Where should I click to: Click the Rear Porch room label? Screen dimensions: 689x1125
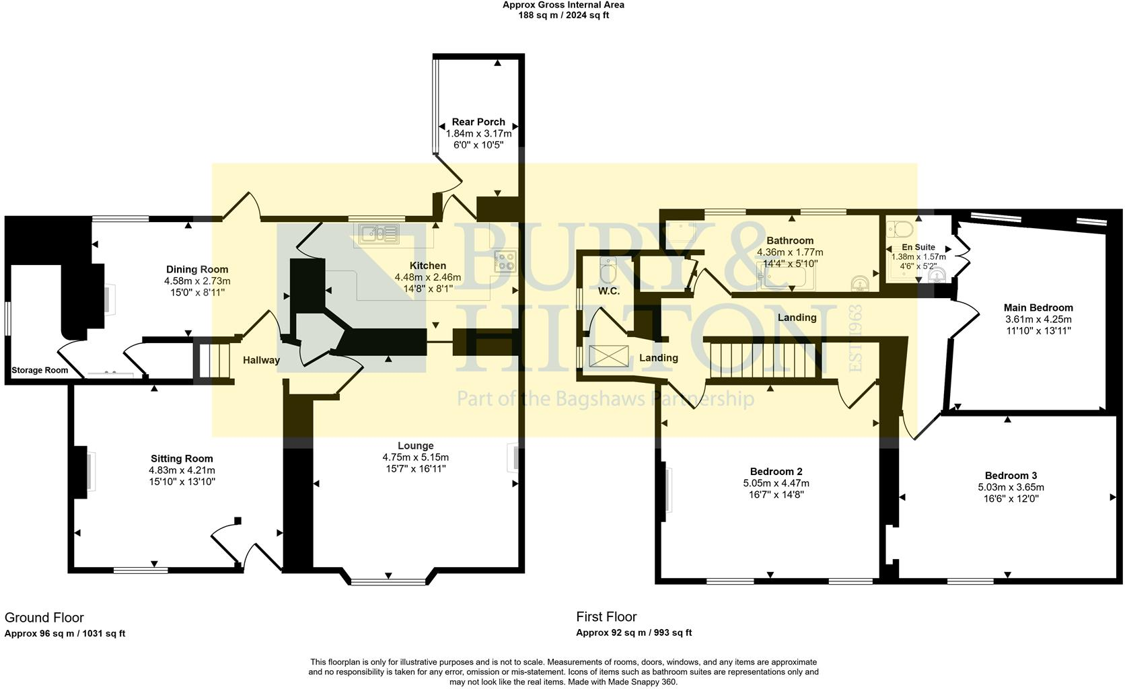478,122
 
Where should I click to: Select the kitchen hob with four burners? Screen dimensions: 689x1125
505,261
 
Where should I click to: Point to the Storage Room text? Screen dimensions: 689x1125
40,370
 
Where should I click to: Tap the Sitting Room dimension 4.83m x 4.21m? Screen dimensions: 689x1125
182,470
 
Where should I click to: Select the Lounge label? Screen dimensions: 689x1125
415,445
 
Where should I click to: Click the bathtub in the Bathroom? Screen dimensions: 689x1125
786,277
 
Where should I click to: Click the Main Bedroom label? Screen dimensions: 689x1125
1038,307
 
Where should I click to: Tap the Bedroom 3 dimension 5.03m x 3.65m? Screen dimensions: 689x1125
1011,487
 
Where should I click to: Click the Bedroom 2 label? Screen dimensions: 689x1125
776,471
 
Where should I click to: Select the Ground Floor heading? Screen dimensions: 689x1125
44,617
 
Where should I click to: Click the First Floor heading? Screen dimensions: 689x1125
606,616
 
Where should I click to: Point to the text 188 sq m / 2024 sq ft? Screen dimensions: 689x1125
563,15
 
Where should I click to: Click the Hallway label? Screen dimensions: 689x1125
261,360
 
